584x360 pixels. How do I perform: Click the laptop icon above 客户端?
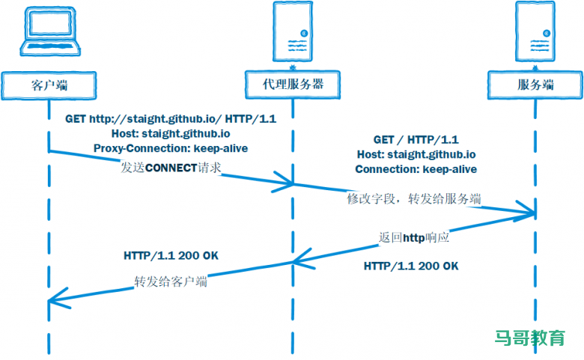(x=49, y=34)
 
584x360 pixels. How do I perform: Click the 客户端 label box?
(x=49, y=84)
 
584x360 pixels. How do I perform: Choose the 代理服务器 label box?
(x=293, y=84)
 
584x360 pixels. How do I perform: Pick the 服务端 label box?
(x=536, y=84)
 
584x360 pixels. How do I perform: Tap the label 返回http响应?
(x=414, y=237)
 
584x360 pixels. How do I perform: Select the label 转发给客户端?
(x=171, y=282)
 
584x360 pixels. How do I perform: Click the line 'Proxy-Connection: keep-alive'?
(x=171, y=148)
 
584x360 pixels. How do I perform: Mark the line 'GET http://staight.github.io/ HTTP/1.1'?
(x=171, y=119)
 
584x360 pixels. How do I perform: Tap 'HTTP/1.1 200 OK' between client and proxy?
(x=171, y=255)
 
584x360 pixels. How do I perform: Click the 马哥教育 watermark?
(x=530, y=338)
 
